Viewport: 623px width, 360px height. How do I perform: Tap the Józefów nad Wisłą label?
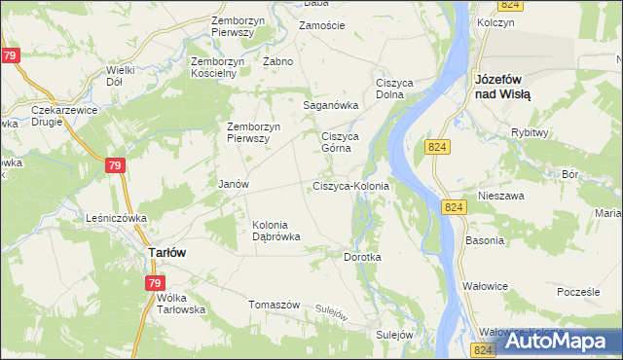point(501,87)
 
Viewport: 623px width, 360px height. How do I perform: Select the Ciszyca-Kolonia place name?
point(350,186)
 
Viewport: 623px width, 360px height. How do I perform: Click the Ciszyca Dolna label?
point(397,88)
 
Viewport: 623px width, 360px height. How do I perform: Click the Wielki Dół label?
point(121,76)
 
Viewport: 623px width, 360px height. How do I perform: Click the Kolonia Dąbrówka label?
point(276,230)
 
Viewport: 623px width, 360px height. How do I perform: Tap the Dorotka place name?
point(363,257)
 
